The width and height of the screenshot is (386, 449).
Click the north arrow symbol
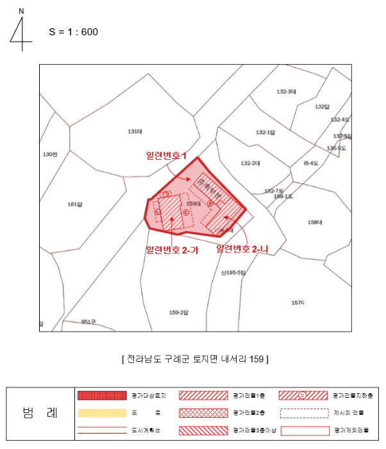[21, 31]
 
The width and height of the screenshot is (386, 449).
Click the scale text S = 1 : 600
[73, 31]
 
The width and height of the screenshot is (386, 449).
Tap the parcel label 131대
[134, 131]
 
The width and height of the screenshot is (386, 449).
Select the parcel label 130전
[50, 155]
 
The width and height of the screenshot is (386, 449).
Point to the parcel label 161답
[75, 205]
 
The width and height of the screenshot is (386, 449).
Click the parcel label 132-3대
[286, 92]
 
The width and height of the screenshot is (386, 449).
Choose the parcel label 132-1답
[265, 133]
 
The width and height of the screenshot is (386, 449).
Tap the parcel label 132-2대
[250, 164]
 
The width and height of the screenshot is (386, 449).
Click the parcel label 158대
[315, 223]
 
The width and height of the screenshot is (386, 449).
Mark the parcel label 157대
[298, 302]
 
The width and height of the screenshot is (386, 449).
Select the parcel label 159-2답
[179, 312]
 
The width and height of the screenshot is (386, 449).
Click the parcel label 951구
[88, 322]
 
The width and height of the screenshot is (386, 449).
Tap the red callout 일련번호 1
[166, 157]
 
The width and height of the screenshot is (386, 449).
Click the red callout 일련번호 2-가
[172, 250]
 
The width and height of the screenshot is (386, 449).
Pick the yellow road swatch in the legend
[101, 412]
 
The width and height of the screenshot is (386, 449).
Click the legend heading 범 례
[39, 412]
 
